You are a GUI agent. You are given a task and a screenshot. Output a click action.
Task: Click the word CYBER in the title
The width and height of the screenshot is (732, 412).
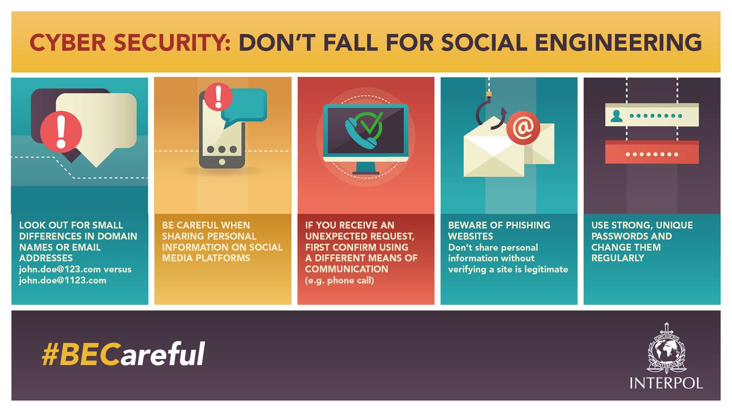click(x=67, y=42)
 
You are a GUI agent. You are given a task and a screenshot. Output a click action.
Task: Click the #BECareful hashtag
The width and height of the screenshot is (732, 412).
click(x=124, y=354)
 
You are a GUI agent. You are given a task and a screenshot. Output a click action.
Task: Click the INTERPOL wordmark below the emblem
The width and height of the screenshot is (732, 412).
click(x=666, y=383)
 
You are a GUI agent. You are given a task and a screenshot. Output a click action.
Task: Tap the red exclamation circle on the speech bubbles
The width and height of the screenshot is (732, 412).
click(x=61, y=132)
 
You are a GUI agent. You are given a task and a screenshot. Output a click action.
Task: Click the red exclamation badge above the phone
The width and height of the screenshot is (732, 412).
click(x=218, y=97)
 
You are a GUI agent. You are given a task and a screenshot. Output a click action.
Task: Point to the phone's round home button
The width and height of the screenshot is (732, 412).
click(x=222, y=162)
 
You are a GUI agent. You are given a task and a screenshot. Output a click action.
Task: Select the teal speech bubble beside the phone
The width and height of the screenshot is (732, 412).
click(x=244, y=107)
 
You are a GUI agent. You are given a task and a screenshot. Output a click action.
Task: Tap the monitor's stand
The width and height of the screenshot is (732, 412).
click(x=366, y=168)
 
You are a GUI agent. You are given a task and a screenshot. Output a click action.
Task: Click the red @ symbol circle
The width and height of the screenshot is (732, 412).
click(x=523, y=128)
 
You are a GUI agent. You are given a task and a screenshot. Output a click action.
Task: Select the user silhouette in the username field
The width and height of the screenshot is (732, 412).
click(x=616, y=116)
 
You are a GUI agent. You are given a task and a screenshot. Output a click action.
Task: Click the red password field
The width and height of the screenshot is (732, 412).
click(x=652, y=152)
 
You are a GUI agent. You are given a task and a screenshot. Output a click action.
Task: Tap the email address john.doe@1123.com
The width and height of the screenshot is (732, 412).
click(x=63, y=280)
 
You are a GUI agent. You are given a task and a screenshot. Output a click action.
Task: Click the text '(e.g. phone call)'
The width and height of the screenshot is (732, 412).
click(x=339, y=280)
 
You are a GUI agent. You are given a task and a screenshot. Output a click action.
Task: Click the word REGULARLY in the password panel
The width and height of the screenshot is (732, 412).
click(x=618, y=258)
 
